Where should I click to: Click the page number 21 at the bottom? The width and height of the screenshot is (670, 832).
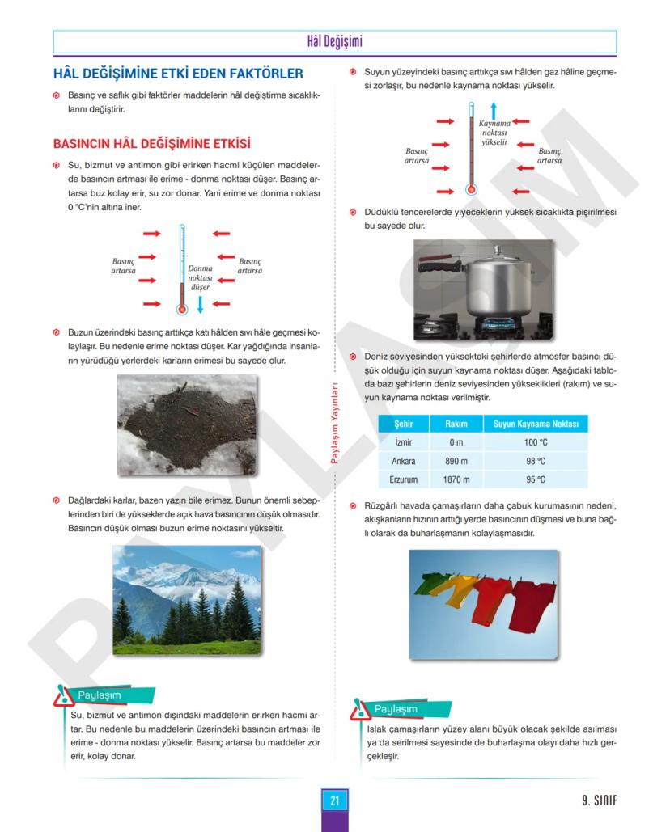[334, 800]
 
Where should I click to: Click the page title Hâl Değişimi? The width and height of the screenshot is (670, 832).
[334, 41]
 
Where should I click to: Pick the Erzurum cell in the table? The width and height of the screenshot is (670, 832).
[403, 480]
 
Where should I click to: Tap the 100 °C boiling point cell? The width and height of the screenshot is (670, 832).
[536, 442]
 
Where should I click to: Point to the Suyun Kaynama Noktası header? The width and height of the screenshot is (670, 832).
[536, 424]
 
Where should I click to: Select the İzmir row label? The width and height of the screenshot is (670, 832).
[403, 442]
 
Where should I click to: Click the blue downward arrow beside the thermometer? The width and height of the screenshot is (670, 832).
[200, 306]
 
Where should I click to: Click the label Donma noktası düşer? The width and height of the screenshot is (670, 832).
[200, 277]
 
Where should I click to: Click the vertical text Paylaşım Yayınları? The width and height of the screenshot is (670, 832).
[334, 424]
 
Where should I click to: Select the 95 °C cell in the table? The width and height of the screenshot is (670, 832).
[536, 480]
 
